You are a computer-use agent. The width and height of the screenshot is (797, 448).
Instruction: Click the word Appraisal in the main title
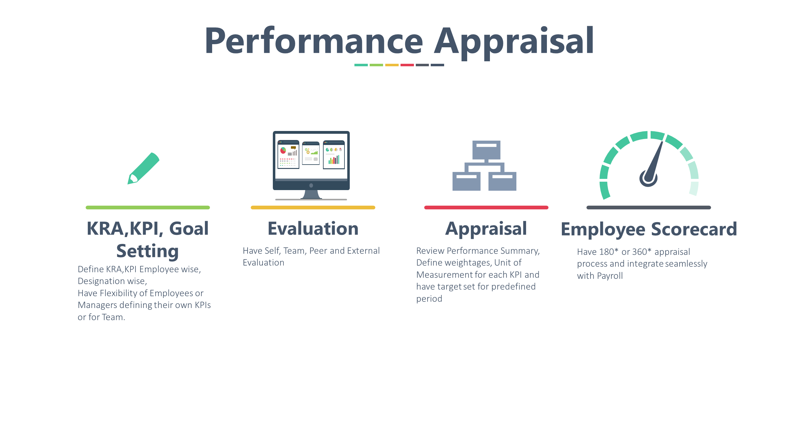514,43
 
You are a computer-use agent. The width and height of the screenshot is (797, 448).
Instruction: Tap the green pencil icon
144,168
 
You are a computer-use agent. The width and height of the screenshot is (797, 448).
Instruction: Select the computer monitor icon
311,166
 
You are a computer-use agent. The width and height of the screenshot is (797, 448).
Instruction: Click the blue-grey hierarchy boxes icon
484,166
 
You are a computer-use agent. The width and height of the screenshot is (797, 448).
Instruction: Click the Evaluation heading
313,229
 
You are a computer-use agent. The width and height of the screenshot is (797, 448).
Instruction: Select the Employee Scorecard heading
649,230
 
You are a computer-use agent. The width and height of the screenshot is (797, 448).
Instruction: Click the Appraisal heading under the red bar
486,229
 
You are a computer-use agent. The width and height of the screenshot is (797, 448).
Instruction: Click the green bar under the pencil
148,208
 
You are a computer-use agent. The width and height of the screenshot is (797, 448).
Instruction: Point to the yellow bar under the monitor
313,208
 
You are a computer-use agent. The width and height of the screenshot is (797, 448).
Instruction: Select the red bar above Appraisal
486,208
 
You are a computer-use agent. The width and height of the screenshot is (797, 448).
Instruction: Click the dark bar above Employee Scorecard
648,208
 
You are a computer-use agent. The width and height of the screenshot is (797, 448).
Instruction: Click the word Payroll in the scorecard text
610,276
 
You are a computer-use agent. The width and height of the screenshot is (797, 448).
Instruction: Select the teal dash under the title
361,65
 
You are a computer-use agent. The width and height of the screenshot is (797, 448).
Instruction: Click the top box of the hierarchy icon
486,150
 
